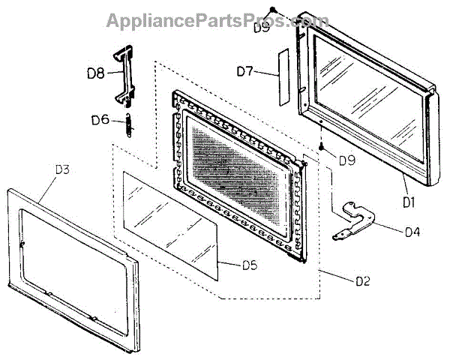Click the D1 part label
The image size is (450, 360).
[409, 201]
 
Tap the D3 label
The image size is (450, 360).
[62, 169]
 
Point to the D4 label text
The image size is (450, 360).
[412, 232]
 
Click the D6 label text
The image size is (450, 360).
[101, 119]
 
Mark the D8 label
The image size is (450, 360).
[95, 73]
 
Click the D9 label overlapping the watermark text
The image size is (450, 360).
[262, 27]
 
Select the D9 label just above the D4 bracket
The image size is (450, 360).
[346, 159]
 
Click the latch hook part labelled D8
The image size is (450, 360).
[124, 75]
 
